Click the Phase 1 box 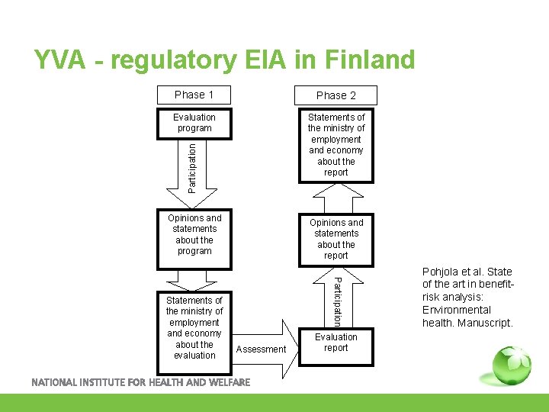[194, 95]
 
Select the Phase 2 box [336, 95]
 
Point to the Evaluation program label [194, 123]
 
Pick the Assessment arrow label [262, 349]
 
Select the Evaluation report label [336, 343]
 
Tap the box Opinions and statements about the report [336, 239]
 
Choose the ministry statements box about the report [336, 145]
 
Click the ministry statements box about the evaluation [194, 327]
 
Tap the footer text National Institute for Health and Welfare [140, 382]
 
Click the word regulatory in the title [175, 60]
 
